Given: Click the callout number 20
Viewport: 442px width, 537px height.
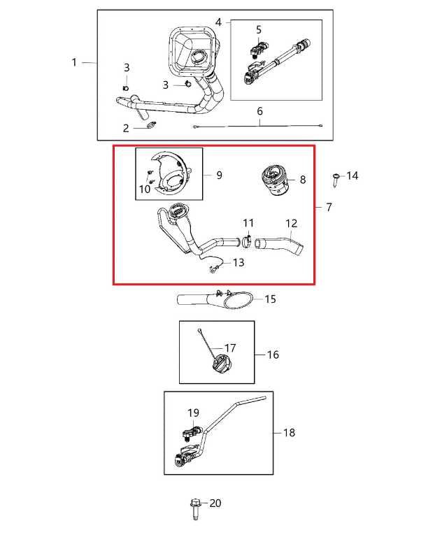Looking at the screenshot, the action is tap(215, 503).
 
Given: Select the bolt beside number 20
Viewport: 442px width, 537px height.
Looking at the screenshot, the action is tap(194, 508).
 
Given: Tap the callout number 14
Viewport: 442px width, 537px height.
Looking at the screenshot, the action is tap(352, 176).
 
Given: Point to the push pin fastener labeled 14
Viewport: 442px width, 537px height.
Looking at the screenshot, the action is tap(336, 180).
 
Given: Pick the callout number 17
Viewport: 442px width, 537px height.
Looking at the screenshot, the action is tap(230, 348).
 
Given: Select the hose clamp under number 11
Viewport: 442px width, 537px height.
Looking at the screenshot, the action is tap(248, 241).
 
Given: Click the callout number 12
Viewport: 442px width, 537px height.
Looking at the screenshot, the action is tap(291, 223).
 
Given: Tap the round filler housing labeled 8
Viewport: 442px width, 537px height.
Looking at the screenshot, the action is tap(275, 180).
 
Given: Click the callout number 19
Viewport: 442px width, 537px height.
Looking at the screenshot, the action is tap(193, 413).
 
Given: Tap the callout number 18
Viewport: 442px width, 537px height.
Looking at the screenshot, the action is tap(289, 433).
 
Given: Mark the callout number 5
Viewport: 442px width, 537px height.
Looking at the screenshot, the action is tap(259, 30).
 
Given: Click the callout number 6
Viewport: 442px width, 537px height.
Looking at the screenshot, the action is tap(259, 111).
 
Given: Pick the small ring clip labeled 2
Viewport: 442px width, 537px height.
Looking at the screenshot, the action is tap(151, 125).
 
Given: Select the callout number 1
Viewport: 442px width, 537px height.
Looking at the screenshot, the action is tap(74, 62).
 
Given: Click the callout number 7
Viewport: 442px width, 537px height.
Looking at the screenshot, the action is tap(329, 207).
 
